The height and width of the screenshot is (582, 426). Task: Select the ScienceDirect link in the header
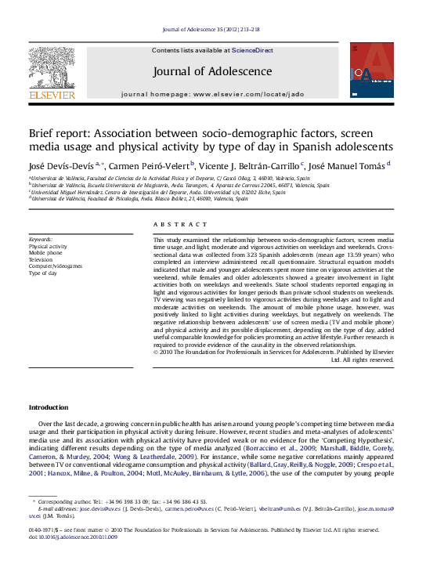click(x=252, y=50)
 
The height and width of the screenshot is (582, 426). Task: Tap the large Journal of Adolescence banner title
click(x=212, y=71)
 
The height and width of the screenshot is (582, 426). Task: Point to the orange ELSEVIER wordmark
click(x=52, y=95)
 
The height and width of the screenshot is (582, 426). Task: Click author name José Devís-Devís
click(x=61, y=166)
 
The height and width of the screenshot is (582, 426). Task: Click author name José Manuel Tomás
click(x=346, y=166)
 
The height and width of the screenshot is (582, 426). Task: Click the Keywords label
click(x=41, y=239)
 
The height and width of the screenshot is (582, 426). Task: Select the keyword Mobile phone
click(x=45, y=253)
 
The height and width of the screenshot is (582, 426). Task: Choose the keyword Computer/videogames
click(x=55, y=266)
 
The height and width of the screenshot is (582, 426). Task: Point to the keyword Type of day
click(x=43, y=273)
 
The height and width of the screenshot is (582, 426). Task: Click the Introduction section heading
click(x=49, y=407)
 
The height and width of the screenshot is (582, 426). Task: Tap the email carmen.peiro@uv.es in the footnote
click(x=188, y=508)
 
